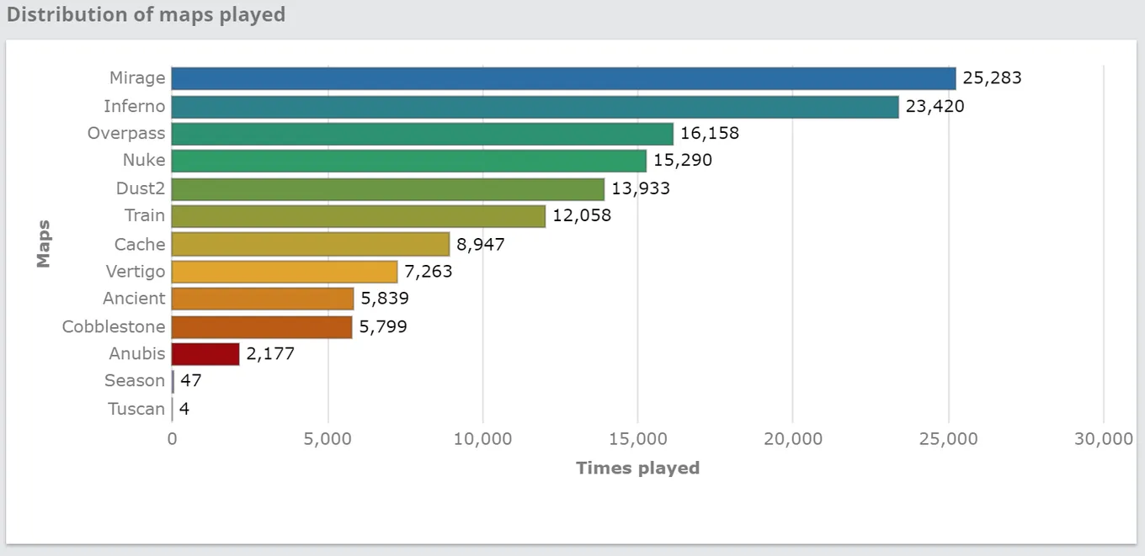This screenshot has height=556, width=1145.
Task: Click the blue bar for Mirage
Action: click(x=563, y=78)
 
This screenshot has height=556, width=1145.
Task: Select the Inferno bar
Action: click(x=535, y=107)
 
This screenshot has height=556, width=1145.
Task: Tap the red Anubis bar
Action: click(x=205, y=354)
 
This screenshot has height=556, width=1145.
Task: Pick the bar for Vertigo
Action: click(x=285, y=272)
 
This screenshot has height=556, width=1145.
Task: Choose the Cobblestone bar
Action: click(x=262, y=327)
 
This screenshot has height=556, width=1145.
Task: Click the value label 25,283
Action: click(x=992, y=78)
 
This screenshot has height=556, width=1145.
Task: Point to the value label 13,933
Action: click(x=641, y=189)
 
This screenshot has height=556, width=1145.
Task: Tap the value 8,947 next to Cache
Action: click(x=481, y=245)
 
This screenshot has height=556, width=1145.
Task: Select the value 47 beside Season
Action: click(x=190, y=380)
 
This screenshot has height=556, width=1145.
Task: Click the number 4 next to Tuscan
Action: click(x=184, y=409)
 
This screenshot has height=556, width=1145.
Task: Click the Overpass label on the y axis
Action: click(x=126, y=133)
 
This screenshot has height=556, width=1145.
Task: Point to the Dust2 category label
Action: click(x=141, y=188)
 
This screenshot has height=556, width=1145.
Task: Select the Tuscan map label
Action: click(x=136, y=409)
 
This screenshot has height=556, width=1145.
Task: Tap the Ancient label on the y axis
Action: click(x=134, y=298)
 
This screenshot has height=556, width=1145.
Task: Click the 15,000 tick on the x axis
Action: click(x=638, y=439)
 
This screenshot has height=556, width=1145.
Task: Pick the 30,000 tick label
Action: click(x=1104, y=439)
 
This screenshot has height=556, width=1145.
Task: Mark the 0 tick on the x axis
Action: click(x=173, y=439)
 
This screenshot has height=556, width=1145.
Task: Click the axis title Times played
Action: click(x=638, y=469)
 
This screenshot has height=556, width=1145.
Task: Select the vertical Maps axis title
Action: click(x=44, y=244)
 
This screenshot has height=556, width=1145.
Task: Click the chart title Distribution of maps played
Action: click(x=146, y=14)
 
